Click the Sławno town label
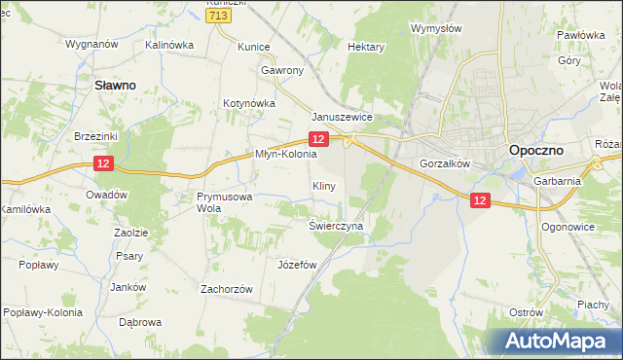click(114, 85)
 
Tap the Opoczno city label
click(540, 151)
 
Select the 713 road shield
click(218, 16)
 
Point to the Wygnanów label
click(92, 44)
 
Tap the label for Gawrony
click(282, 70)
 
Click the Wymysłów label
click(436, 28)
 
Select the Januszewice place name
click(343, 117)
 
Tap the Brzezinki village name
click(95, 137)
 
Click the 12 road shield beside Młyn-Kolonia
click(330, 142)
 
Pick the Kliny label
click(324, 185)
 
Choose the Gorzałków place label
click(445, 163)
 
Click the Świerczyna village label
click(336, 225)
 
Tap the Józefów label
click(298, 264)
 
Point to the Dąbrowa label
click(139, 321)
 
